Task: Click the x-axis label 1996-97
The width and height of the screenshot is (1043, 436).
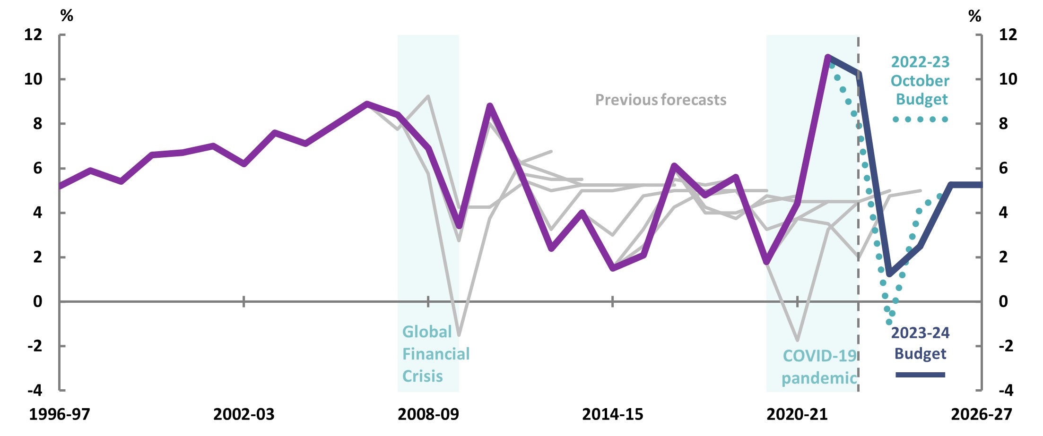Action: click(60, 414)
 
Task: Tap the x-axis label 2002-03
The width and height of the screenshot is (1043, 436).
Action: click(243, 414)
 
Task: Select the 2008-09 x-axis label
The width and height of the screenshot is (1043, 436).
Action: click(428, 414)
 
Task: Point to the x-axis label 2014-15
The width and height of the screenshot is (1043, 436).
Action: click(612, 414)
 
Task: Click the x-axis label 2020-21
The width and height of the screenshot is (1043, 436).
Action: click(797, 414)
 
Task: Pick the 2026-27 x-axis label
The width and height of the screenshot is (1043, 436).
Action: click(981, 414)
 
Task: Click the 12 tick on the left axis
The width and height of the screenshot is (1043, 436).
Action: click(33, 34)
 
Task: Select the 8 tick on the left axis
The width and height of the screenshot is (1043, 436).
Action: click(37, 124)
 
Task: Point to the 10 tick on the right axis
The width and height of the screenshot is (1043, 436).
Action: click(1008, 79)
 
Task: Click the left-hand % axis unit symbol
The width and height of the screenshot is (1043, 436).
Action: click(67, 16)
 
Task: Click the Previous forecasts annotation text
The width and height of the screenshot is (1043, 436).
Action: click(661, 100)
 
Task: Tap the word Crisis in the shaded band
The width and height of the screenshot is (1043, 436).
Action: click(422, 376)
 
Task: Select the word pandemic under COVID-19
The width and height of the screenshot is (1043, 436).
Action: click(819, 378)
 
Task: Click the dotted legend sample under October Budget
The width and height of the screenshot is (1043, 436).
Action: click(920, 120)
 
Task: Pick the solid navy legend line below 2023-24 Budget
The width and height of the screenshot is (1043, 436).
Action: click(920, 375)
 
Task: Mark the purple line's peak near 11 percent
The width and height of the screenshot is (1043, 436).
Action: click(828, 57)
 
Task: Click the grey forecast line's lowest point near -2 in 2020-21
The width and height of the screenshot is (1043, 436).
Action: click(798, 340)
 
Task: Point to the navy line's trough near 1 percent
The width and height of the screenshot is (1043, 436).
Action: click(889, 274)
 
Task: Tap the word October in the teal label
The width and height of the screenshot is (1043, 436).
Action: click(920, 81)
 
